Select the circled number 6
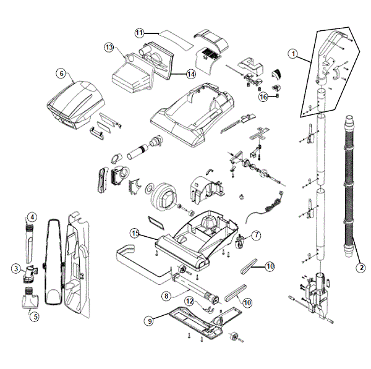click(61, 74)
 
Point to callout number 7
click(257, 235)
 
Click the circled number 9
click(148, 321)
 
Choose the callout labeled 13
click(109, 47)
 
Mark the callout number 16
click(263, 96)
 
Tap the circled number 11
click(139, 32)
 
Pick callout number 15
click(135, 233)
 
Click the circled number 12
click(190, 300)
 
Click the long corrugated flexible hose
click(349, 185)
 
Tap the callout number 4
click(32, 217)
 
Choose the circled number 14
click(191, 74)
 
